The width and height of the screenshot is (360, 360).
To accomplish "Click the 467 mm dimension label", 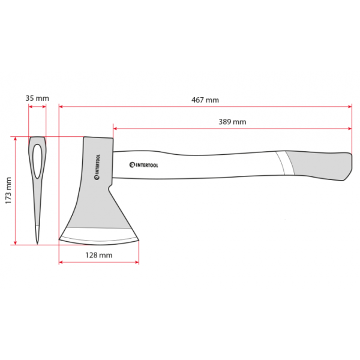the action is tap(205, 100).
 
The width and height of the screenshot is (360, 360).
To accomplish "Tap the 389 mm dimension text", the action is tap(232, 122).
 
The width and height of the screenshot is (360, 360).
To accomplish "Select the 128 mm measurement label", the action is tap(99, 255).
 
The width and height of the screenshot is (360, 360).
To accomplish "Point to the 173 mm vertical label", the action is tap(8, 190).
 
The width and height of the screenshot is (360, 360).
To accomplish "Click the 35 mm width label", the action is tap(37, 98).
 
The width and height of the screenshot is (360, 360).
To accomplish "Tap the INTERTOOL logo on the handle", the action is tap(144, 165).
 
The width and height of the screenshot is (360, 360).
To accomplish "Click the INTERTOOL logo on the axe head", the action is tap(97, 167).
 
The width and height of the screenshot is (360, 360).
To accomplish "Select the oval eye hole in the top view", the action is tap(37, 161).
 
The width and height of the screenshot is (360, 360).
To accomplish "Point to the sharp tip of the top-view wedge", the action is tap(37, 244).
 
